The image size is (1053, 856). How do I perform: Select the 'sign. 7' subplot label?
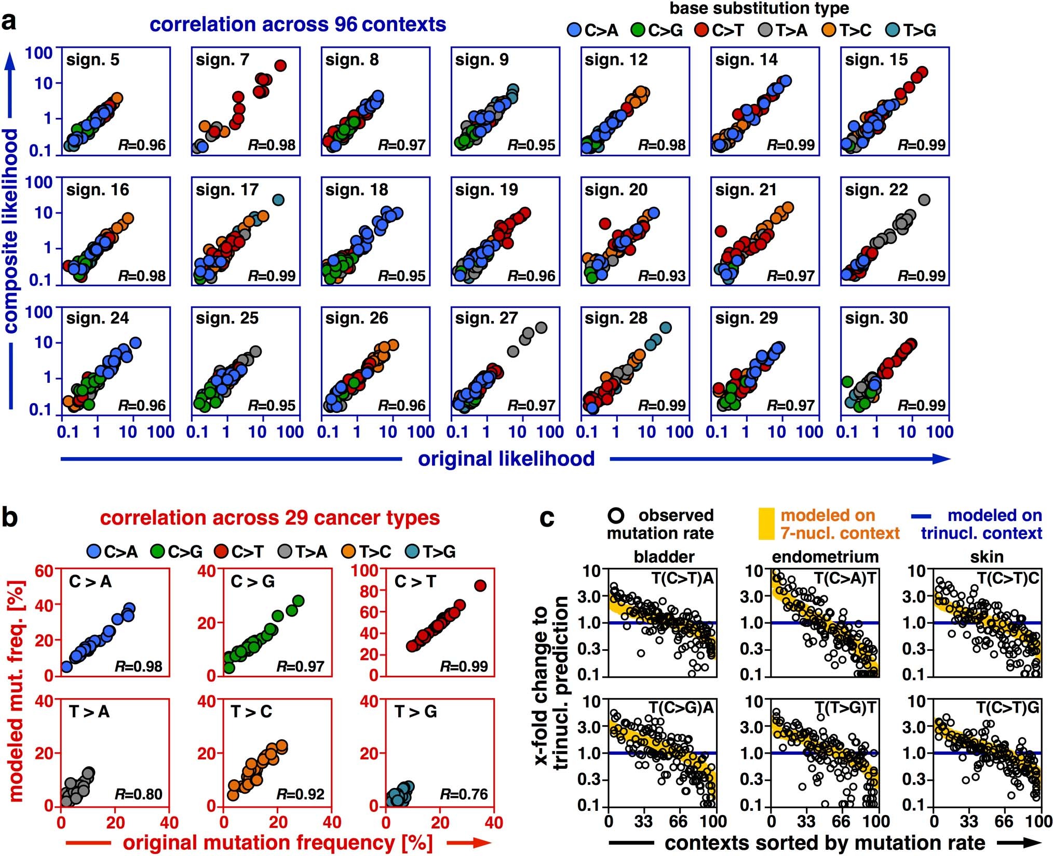(222, 60)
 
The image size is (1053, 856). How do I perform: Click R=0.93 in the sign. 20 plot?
(661, 275)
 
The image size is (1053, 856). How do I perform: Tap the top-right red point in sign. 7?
(280, 65)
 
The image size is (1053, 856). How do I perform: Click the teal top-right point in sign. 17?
(278, 200)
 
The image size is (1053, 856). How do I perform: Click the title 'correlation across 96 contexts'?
(298, 24)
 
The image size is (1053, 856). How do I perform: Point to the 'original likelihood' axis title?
(506, 459)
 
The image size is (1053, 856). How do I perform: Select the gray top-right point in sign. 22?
(924, 200)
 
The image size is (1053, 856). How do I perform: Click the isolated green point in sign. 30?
(847, 382)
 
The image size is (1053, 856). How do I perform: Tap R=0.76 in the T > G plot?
(464, 794)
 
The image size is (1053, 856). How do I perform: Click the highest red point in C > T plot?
(480, 586)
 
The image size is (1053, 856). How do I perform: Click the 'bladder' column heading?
(664, 557)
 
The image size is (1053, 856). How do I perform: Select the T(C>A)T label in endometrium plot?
(844, 578)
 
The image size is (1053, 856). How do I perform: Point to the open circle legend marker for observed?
(617, 515)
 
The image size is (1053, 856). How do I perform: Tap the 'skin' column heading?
(986, 557)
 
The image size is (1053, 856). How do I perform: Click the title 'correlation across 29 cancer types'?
(269, 518)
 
